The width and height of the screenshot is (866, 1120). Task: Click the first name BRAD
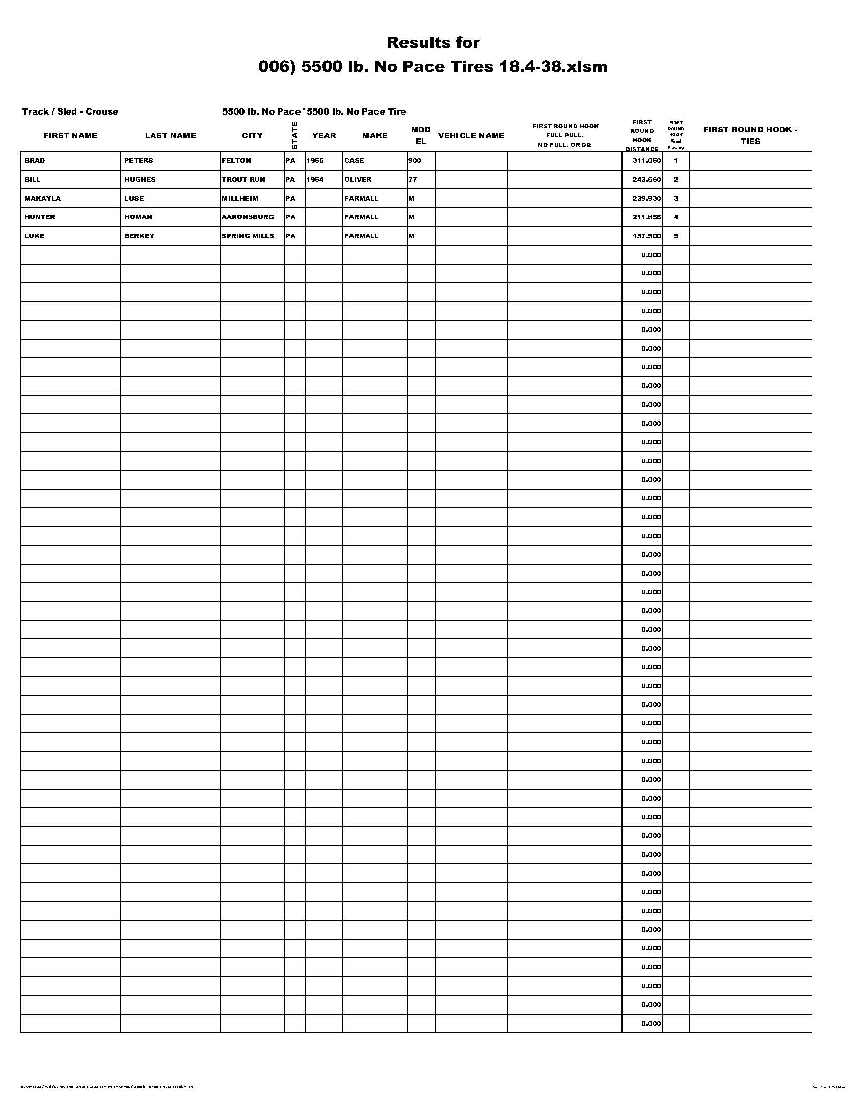34,160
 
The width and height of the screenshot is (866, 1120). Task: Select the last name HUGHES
140,180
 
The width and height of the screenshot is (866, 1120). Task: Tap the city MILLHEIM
239,199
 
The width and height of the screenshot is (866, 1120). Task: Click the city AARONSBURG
248,217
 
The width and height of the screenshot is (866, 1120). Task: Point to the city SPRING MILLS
248,236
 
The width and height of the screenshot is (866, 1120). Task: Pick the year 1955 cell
315,160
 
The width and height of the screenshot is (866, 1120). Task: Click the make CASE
354,160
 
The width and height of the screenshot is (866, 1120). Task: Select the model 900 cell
415,160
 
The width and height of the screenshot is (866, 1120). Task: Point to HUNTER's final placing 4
675,217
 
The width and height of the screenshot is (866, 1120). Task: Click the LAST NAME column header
170,136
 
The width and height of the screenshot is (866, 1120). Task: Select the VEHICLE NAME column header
471,136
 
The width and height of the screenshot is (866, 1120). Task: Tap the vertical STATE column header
294,135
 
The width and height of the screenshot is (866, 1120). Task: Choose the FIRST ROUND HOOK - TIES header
750,135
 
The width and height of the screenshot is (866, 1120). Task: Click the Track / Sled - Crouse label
70,112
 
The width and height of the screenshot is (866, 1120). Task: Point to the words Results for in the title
433,43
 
